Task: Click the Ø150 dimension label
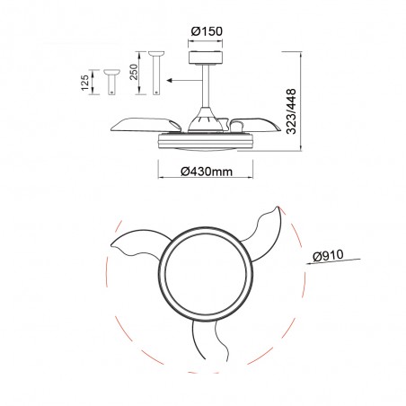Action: [x=207, y=31]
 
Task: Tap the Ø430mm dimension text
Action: [x=207, y=172]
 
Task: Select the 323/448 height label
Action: [x=291, y=111]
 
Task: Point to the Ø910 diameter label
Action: [x=328, y=256]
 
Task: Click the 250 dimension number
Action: [x=134, y=72]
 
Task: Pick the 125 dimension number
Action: [x=85, y=83]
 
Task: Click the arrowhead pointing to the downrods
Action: [x=170, y=80]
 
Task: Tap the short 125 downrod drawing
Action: [x=111, y=82]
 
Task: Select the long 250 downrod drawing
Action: [x=156, y=73]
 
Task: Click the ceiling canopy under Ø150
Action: [x=206, y=57]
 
